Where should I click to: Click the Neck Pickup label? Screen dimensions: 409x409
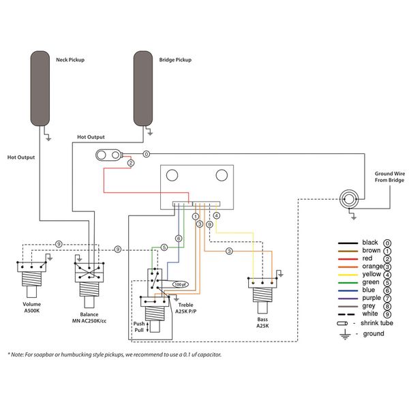click(70, 59)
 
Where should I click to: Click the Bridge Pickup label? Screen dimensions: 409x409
click(176, 59)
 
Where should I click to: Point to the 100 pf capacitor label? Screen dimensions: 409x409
click(179, 284)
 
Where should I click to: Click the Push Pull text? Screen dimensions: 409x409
click(138, 327)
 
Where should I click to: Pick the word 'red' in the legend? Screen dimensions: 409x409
click(368, 259)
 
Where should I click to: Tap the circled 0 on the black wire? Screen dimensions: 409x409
click(146, 155)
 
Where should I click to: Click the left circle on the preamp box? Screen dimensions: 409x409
click(175, 175)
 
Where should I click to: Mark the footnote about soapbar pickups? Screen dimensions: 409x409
click(115, 355)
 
